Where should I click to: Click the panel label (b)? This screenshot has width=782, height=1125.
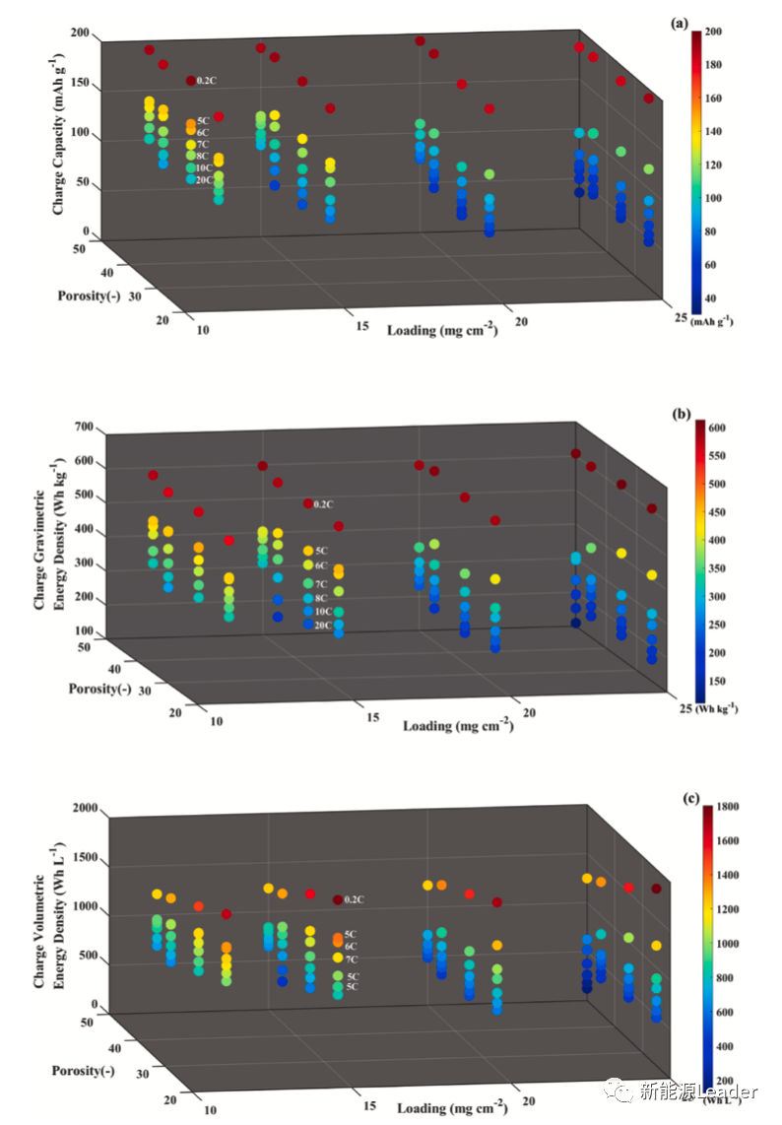coord(680,414)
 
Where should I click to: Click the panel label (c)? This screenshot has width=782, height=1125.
coord(679,799)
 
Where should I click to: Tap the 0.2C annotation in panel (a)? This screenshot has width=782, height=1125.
coord(206,80)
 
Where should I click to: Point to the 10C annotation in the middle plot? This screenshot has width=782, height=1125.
coord(322,611)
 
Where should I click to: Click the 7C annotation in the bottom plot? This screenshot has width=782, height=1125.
coord(351,959)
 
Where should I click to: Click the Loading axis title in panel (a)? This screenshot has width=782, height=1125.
coord(441,329)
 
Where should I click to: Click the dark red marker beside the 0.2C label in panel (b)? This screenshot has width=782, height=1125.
coord(307,503)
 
